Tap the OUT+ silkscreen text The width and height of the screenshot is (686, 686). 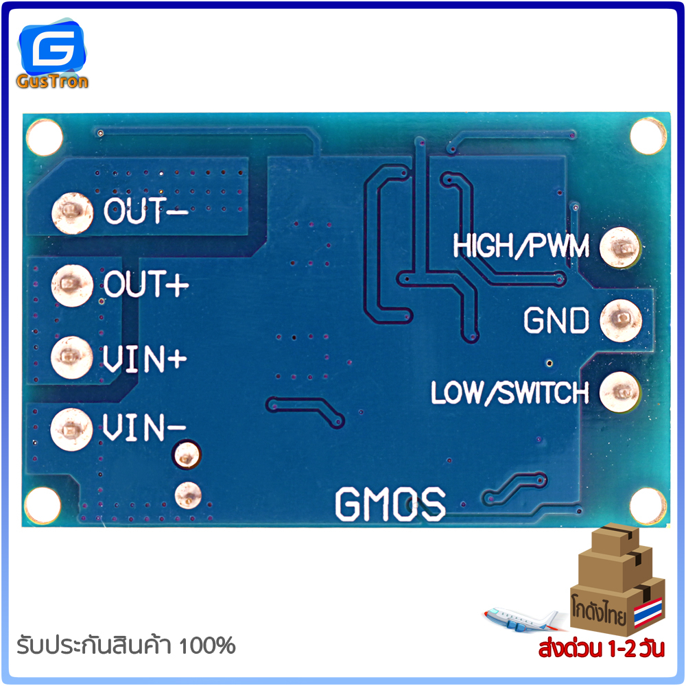(145, 284)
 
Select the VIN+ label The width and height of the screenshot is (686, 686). (145, 358)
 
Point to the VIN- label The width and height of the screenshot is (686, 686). (144, 429)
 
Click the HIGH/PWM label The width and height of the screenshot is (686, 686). (521, 246)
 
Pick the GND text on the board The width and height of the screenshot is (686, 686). (556, 320)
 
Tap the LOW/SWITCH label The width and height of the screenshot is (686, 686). (510, 393)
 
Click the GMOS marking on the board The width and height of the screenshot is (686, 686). (390, 504)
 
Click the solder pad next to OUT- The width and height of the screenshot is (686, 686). (71, 211)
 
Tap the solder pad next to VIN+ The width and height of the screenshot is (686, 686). (71, 357)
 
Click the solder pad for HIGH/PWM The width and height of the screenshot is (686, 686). (620, 246)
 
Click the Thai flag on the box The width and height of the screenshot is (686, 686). (648, 613)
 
